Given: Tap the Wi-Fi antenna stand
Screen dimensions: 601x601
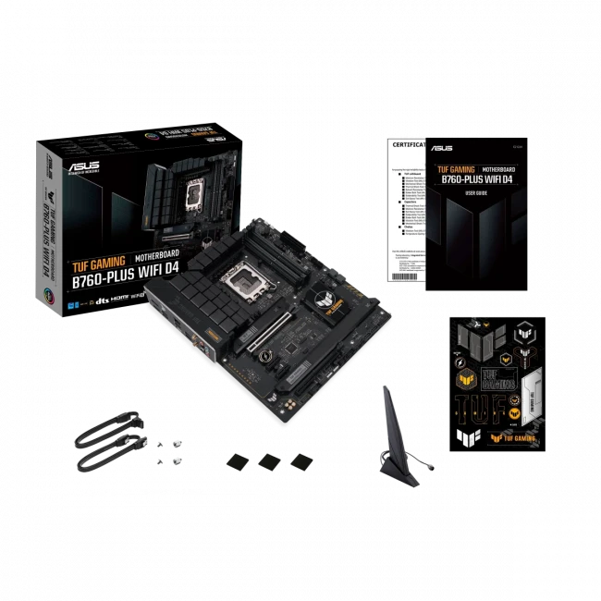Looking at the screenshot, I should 391,435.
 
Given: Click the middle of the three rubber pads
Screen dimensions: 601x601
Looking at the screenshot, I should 269,460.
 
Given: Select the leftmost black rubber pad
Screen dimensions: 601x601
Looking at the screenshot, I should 237,460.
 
